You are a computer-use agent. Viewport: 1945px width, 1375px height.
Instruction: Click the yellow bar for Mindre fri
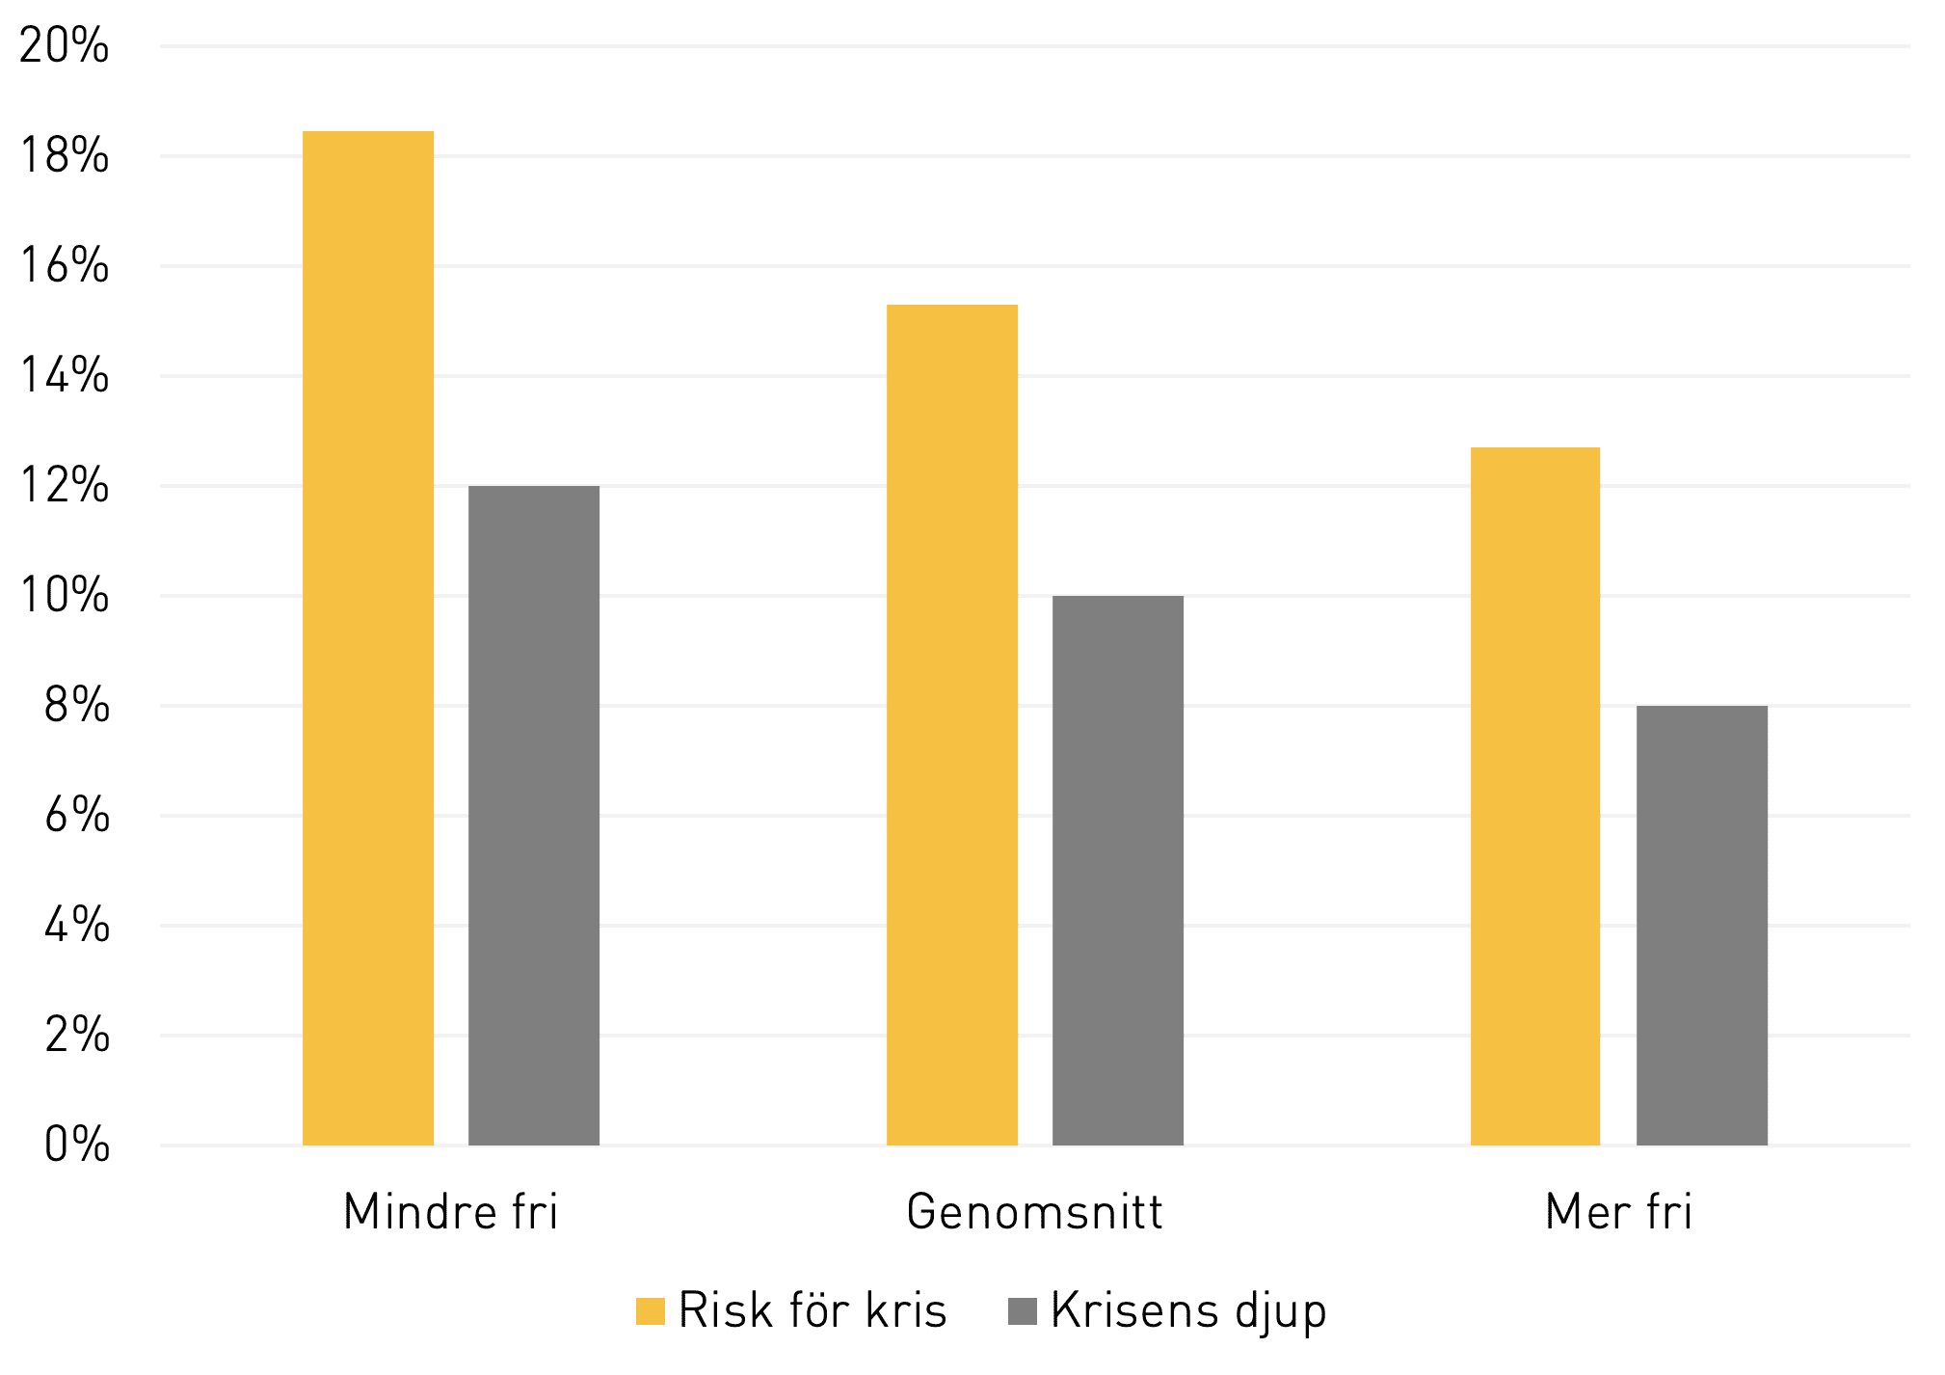[368, 638]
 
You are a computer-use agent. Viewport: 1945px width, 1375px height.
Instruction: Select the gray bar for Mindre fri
[534, 816]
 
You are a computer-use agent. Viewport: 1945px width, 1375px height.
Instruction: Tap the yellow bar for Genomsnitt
[952, 725]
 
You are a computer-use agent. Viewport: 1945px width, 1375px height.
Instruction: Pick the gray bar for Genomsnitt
[1118, 871]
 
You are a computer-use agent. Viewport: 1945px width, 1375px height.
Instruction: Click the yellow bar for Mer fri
[1535, 796]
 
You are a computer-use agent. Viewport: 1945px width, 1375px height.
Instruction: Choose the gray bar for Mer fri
[1702, 926]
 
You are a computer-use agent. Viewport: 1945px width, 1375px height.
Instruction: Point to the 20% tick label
[64, 46]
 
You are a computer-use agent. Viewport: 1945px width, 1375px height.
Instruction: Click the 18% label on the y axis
[64, 156]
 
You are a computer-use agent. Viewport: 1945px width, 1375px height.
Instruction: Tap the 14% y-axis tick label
[64, 376]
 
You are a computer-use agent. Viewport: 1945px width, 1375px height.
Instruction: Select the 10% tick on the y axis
[64, 596]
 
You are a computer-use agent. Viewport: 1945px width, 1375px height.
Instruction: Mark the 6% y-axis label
[76, 816]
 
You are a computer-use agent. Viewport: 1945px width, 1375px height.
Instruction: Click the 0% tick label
[76, 1146]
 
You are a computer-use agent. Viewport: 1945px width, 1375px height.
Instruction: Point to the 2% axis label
[76, 1036]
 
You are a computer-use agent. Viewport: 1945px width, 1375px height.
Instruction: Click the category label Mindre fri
[451, 1211]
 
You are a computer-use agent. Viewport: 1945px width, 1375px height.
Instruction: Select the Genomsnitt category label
[1035, 1211]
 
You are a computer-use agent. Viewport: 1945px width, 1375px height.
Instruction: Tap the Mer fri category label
[1619, 1211]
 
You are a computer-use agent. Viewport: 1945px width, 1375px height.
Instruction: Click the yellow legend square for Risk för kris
[651, 1311]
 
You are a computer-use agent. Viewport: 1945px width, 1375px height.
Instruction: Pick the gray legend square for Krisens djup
[1023, 1311]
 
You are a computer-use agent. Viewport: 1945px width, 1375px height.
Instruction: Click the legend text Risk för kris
[813, 1310]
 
